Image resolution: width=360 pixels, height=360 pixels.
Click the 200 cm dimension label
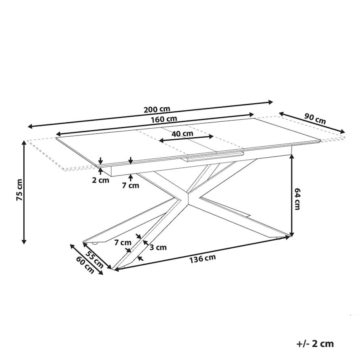pos(157,109)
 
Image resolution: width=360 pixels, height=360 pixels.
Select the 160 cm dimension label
pos(164,119)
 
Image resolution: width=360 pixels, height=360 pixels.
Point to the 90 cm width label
pos(315,119)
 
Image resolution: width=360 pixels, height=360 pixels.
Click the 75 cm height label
pos(19,190)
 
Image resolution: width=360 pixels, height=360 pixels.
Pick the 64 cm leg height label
pos(297,199)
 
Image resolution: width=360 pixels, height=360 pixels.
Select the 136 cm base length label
pos(203,259)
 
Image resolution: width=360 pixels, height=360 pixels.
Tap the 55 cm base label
pos(95,259)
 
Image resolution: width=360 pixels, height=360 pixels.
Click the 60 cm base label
pos(85,265)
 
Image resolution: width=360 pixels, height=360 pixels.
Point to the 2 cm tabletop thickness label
pos(101,180)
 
